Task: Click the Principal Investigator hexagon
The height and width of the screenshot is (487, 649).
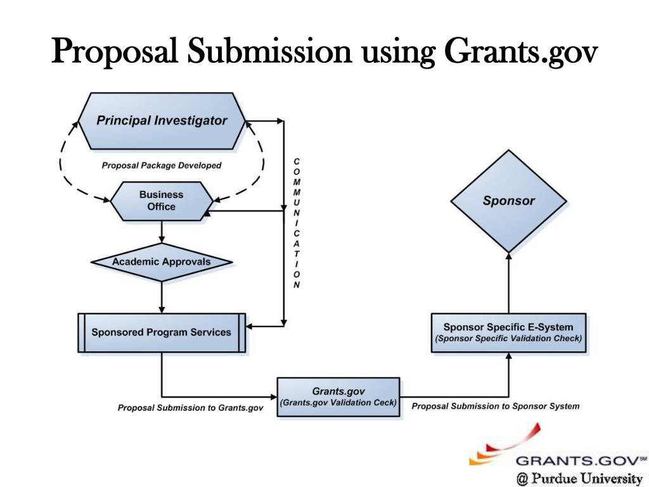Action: point(161,120)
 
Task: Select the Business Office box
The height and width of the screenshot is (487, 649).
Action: point(161,201)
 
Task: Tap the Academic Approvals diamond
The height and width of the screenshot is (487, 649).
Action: point(161,261)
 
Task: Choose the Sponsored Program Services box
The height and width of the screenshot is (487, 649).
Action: point(161,332)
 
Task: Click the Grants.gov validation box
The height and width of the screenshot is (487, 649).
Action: point(338,397)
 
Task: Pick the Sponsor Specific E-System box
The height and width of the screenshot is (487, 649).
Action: point(508,332)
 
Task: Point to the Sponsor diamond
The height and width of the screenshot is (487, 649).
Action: point(508,201)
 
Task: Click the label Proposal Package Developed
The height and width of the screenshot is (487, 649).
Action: point(162,166)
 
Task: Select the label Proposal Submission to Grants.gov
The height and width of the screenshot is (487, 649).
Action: point(190,408)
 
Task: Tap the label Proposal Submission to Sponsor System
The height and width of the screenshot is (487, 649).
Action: point(496,406)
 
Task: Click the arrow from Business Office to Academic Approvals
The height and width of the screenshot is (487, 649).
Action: point(162,232)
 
